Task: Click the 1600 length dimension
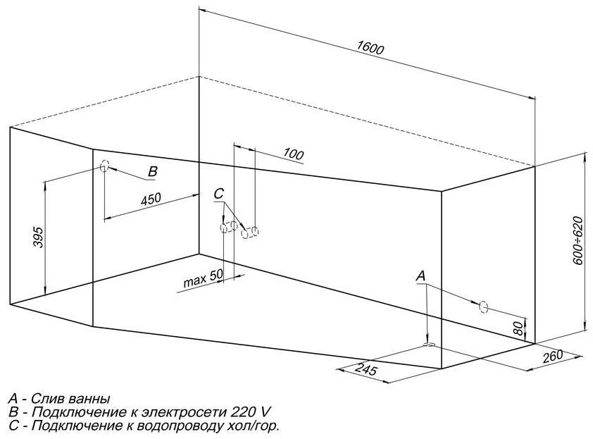point(369,49)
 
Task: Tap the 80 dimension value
point(518,328)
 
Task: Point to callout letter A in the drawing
point(420,276)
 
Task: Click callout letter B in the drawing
point(153,172)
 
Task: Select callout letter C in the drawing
point(218,194)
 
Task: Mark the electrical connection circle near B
point(105,167)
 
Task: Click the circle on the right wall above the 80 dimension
point(483,307)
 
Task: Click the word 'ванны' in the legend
point(92,398)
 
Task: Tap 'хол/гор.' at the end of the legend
point(252,426)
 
